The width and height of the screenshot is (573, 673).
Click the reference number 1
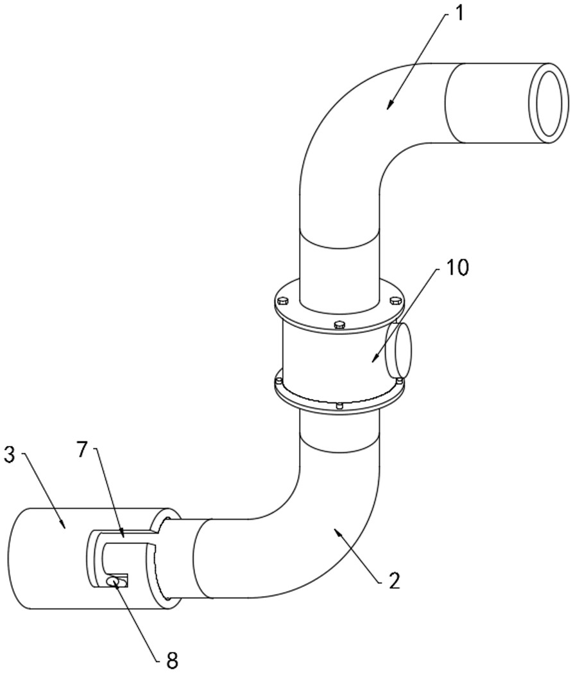459,13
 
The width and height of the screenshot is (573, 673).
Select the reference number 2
393,581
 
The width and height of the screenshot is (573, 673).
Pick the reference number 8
172,660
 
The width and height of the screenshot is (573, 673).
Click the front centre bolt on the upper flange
339,325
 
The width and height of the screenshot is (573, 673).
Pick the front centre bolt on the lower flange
339,405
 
